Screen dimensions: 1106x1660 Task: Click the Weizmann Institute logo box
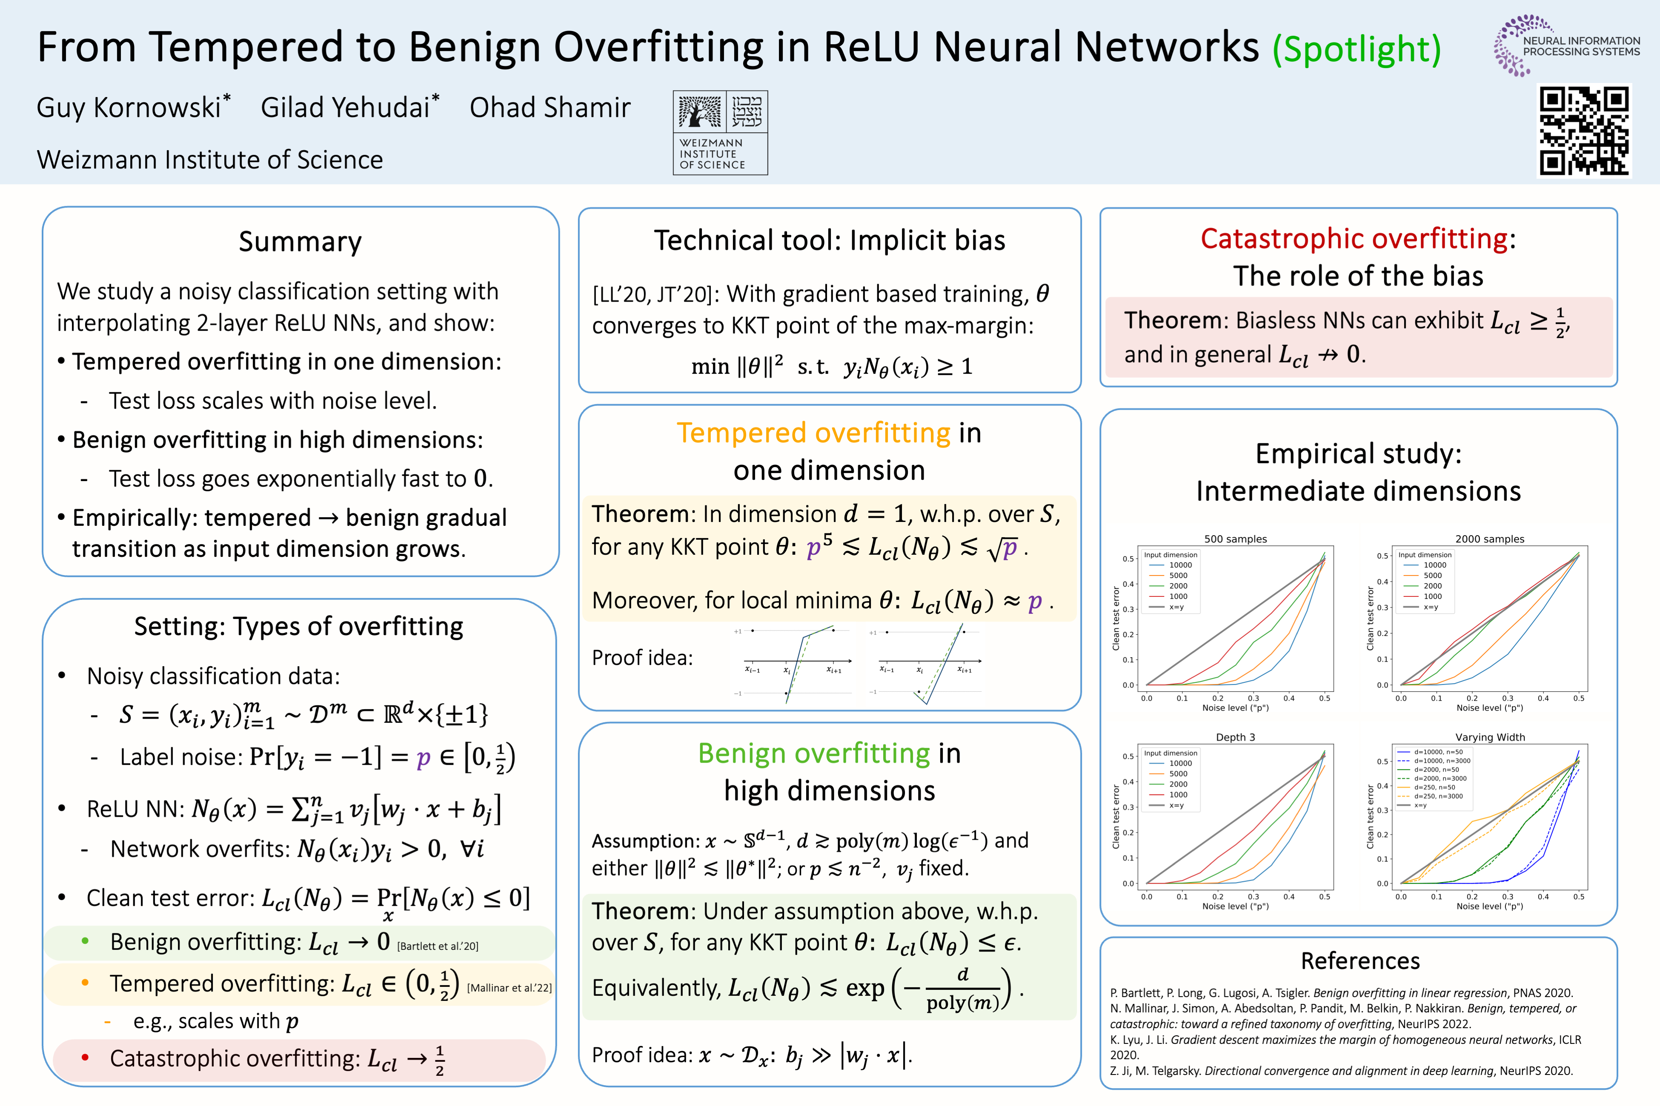[x=720, y=133]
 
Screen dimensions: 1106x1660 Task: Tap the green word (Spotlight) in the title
[x=1357, y=49]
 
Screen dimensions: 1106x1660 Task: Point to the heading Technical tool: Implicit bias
[x=829, y=240]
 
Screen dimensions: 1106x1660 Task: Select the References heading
[x=1360, y=961]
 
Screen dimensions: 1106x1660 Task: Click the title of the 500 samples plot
[x=1235, y=539]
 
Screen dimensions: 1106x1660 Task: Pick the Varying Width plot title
[x=1490, y=737]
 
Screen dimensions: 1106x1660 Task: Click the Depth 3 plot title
[x=1235, y=737]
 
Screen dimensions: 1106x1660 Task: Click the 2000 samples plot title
[x=1490, y=539]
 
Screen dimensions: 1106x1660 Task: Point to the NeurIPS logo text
[x=1581, y=46]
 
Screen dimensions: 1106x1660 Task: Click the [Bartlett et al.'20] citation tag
[x=438, y=946]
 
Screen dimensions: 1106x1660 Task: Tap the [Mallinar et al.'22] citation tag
[x=509, y=987]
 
